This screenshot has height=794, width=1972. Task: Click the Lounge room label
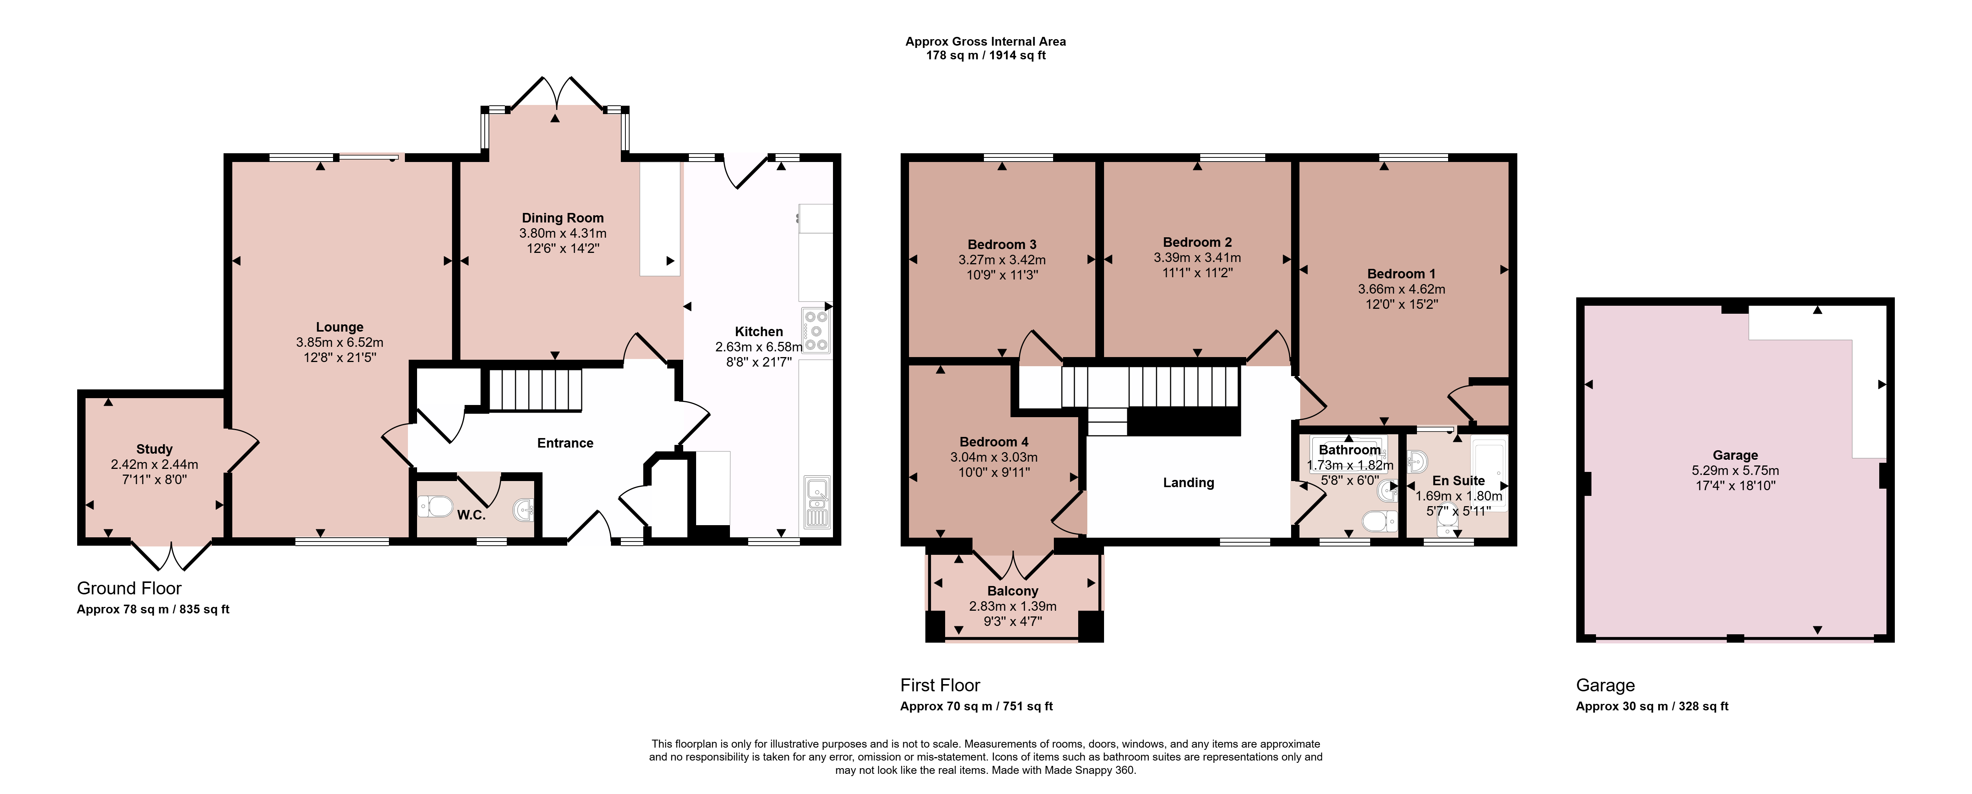click(340, 327)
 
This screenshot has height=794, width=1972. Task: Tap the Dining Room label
click(563, 218)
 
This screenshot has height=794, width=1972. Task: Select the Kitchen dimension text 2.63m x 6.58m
click(758, 347)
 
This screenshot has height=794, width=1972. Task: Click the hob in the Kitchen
click(816, 330)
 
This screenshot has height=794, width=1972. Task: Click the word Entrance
click(565, 443)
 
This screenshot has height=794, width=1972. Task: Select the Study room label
click(154, 449)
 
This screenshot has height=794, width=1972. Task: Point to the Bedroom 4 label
click(994, 442)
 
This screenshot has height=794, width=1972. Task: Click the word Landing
click(1188, 483)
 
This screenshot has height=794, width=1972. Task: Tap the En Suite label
click(1458, 481)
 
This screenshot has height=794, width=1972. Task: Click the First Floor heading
click(940, 685)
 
